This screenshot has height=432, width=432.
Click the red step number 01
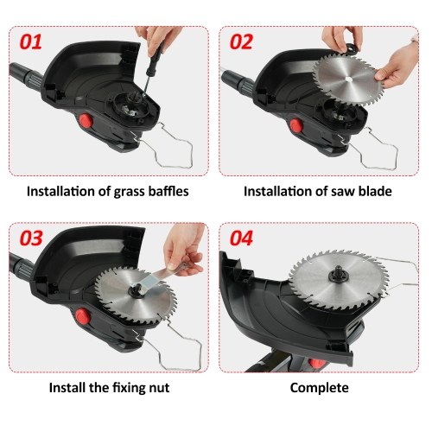31,42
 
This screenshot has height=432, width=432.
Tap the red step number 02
241,42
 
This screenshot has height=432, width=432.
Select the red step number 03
31,238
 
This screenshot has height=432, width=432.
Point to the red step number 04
241,238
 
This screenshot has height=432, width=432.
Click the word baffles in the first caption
168,191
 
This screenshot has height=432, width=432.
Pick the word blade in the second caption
375,191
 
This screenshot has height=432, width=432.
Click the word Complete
319,388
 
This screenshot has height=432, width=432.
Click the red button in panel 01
86,121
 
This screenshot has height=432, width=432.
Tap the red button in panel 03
83,316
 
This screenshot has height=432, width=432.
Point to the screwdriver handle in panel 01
155,61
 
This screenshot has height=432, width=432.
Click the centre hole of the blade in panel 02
348,79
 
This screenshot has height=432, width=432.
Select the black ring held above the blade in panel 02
351,49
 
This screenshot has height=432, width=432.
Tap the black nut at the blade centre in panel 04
338,276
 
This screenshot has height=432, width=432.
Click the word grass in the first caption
130,192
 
